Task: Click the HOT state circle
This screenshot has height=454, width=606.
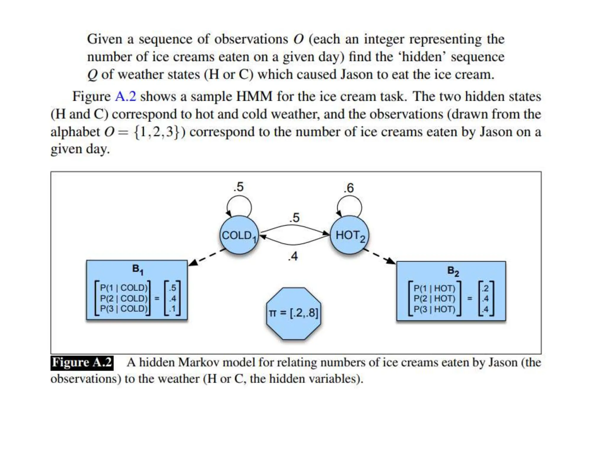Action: (x=349, y=235)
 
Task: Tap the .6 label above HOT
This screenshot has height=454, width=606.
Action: (x=349, y=188)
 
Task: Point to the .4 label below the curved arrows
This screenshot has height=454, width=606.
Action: (x=293, y=256)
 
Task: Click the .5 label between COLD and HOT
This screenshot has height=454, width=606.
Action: (x=294, y=218)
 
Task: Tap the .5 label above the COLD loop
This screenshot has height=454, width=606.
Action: (x=238, y=187)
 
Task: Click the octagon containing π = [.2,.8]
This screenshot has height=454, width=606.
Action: (x=294, y=313)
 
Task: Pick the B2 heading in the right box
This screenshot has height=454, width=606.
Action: (x=453, y=271)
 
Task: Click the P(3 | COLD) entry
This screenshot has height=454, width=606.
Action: (x=124, y=309)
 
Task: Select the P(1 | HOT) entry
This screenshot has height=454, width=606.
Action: (x=434, y=288)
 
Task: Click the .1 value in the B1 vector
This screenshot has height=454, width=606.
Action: (x=173, y=309)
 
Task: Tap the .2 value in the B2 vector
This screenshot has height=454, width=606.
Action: (x=485, y=288)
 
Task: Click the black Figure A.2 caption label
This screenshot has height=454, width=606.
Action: (x=82, y=362)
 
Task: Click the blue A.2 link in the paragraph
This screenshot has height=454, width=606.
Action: (x=125, y=97)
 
